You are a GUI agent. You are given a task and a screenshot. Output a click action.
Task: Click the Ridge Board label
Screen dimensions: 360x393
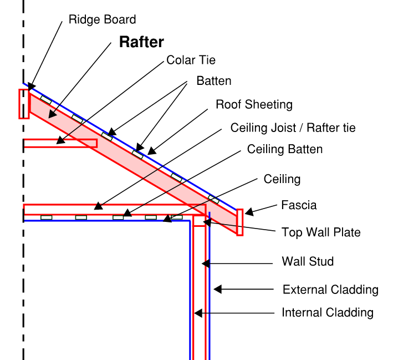pyautogui.click(x=102, y=20)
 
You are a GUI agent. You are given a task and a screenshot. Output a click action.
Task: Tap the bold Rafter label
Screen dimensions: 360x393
pyautogui.click(x=142, y=43)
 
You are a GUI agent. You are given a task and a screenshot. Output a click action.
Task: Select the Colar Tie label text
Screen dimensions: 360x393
pyautogui.click(x=191, y=60)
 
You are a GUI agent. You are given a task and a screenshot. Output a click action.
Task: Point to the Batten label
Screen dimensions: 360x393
pyautogui.click(x=214, y=81)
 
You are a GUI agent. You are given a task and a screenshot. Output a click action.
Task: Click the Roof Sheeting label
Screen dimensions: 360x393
pyautogui.click(x=254, y=104)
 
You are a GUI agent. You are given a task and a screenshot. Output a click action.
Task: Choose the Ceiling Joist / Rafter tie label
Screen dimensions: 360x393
pyautogui.click(x=293, y=128)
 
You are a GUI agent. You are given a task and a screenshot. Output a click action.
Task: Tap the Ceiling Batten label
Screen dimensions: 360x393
pyautogui.click(x=284, y=149)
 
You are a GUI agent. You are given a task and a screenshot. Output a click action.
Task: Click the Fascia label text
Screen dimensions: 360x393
pyautogui.click(x=299, y=205)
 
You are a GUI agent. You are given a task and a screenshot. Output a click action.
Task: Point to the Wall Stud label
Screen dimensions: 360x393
pyautogui.click(x=308, y=261)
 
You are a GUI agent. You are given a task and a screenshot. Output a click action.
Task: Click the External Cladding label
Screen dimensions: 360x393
pyautogui.click(x=330, y=290)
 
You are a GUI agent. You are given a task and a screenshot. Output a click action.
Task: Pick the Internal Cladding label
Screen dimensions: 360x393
pyautogui.click(x=328, y=312)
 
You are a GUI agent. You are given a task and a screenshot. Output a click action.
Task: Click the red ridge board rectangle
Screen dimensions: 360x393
pyautogui.click(x=23, y=104)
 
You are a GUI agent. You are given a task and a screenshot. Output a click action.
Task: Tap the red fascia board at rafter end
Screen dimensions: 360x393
pyautogui.click(x=239, y=222)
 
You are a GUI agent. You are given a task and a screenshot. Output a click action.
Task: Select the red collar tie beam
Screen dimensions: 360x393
pyautogui.click(x=60, y=143)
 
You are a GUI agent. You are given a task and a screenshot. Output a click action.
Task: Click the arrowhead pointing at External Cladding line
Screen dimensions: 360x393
pyautogui.click(x=218, y=289)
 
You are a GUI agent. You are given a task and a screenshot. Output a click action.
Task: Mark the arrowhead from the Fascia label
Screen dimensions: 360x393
pyautogui.click(x=248, y=211)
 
